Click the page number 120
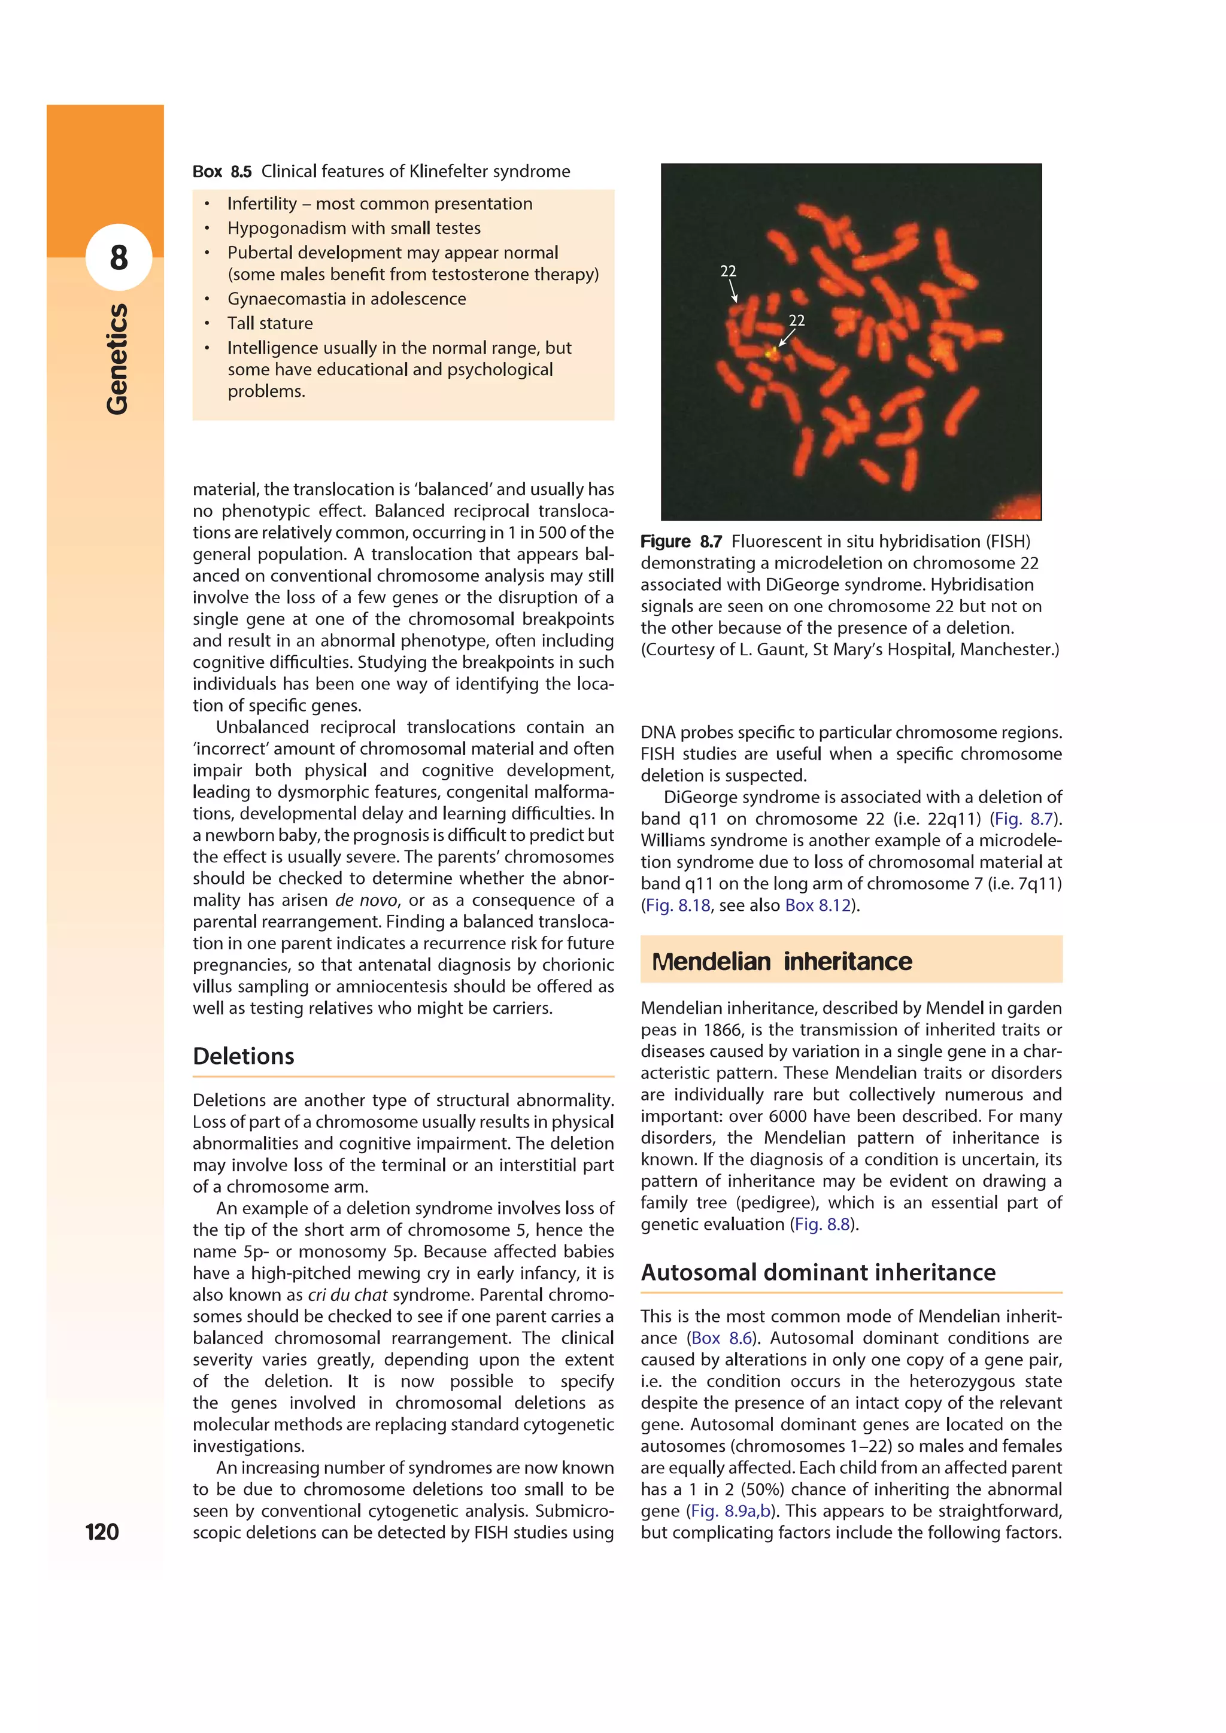tap(102, 1531)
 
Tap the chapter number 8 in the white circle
tap(119, 257)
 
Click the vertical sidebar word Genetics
tap(117, 358)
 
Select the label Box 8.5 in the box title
tap(222, 171)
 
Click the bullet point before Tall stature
tap(206, 324)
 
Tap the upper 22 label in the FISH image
tap(728, 271)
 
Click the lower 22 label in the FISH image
tap(796, 320)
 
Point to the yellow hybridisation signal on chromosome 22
tap(772, 351)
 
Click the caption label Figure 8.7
tap(680, 541)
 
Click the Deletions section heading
tap(243, 1056)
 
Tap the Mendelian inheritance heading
tap(781, 961)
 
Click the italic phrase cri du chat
tap(347, 1294)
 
